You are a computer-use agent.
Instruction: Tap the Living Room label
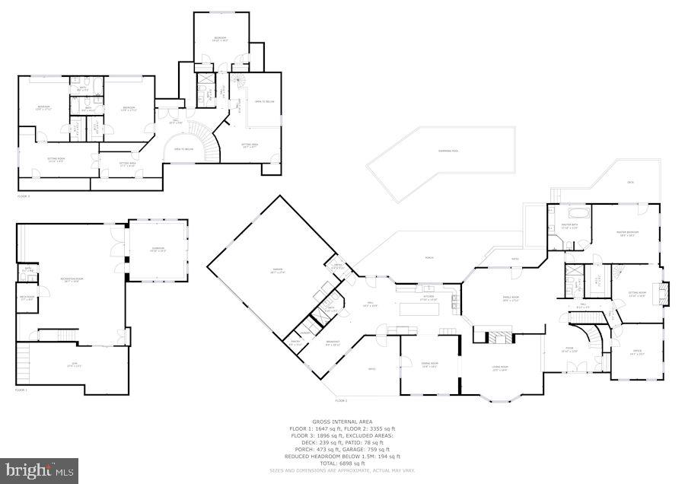(x=499, y=368)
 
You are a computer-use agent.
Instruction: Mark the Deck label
(x=629, y=182)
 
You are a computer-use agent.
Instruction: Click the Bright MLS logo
(x=40, y=470)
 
